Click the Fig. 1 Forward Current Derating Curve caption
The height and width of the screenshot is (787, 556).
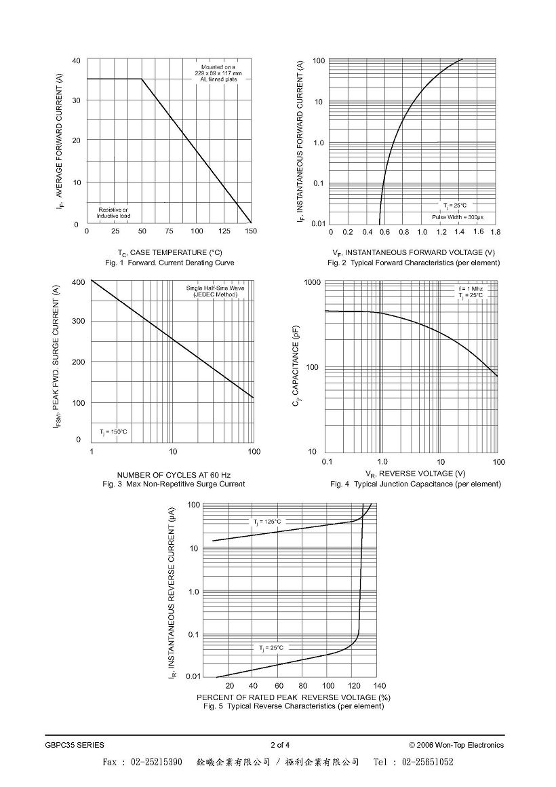click(170, 263)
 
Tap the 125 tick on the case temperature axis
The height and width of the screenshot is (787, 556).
click(224, 231)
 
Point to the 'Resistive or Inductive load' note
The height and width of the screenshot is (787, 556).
click(113, 213)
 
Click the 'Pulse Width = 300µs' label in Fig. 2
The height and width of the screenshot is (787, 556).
click(458, 217)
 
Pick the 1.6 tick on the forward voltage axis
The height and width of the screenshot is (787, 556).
click(478, 231)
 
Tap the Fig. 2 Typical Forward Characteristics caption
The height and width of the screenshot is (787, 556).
click(414, 263)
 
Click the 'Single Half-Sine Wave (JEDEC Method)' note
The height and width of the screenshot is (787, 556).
click(215, 291)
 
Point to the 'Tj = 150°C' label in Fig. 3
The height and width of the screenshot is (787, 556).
click(113, 431)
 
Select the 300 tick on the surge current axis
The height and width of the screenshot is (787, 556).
click(79, 321)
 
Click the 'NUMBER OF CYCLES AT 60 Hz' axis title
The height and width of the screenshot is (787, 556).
click(174, 475)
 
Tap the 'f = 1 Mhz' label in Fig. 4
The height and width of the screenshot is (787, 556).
click(470, 288)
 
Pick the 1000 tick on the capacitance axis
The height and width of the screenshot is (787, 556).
click(313, 283)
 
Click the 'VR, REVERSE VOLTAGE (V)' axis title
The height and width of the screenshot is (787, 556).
click(416, 474)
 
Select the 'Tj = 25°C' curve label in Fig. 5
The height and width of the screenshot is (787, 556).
click(271, 648)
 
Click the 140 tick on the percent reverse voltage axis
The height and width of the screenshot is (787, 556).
click(379, 686)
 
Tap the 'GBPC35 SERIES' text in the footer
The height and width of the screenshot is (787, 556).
click(75, 745)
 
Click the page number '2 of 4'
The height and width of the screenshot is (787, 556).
click(280, 745)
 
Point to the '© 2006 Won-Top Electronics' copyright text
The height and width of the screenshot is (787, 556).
click(456, 745)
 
